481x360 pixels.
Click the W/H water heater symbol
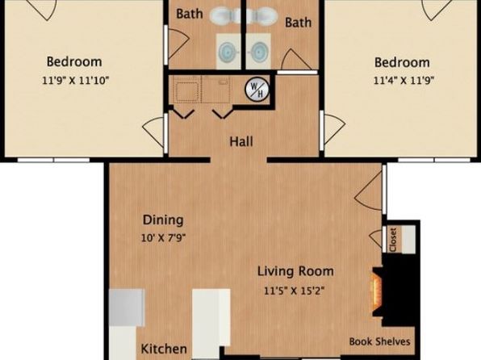click(x=257, y=90)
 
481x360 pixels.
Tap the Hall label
click(x=241, y=142)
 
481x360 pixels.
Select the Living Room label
click(x=295, y=271)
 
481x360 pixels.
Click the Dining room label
click(x=163, y=220)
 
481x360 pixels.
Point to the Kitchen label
click(x=164, y=349)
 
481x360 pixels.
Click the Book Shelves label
click(x=380, y=341)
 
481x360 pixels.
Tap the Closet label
click(x=393, y=240)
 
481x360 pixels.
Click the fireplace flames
click(x=377, y=292)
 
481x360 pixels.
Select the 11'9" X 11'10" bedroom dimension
click(x=76, y=81)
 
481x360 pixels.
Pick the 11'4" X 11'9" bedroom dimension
click(x=404, y=81)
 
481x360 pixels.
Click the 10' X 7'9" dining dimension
click(x=164, y=237)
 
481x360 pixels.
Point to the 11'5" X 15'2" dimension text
click(x=295, y=291)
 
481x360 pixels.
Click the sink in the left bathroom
click(x=228, y=51)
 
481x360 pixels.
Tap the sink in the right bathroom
click(x=258, y=51)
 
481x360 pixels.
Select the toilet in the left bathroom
click(x=225, y=15)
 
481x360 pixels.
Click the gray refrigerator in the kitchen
click(x=127, y=308)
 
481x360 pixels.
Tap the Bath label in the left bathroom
click(x=190, y=14)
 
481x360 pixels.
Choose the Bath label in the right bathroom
click(x=298, y=22)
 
